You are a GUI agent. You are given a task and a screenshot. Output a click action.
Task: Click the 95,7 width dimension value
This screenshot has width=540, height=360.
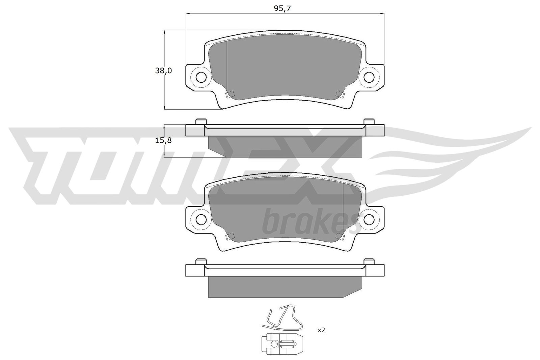(282, 9)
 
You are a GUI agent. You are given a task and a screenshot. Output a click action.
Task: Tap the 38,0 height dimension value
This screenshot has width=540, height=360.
(163, 71)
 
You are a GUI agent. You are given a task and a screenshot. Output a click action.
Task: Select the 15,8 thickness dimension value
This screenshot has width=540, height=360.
(163, 140)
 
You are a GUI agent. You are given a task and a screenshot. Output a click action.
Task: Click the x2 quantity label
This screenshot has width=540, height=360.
(321, 330)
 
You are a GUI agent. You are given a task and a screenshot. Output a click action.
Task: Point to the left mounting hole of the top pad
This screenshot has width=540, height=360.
(201, 77)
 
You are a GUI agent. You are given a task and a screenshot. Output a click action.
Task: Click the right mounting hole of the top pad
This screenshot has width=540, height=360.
(369, 77)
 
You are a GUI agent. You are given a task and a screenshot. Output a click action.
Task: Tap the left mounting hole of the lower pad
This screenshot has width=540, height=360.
(201, 219)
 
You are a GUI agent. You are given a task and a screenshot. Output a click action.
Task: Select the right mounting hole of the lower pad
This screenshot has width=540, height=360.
(369, 219)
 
